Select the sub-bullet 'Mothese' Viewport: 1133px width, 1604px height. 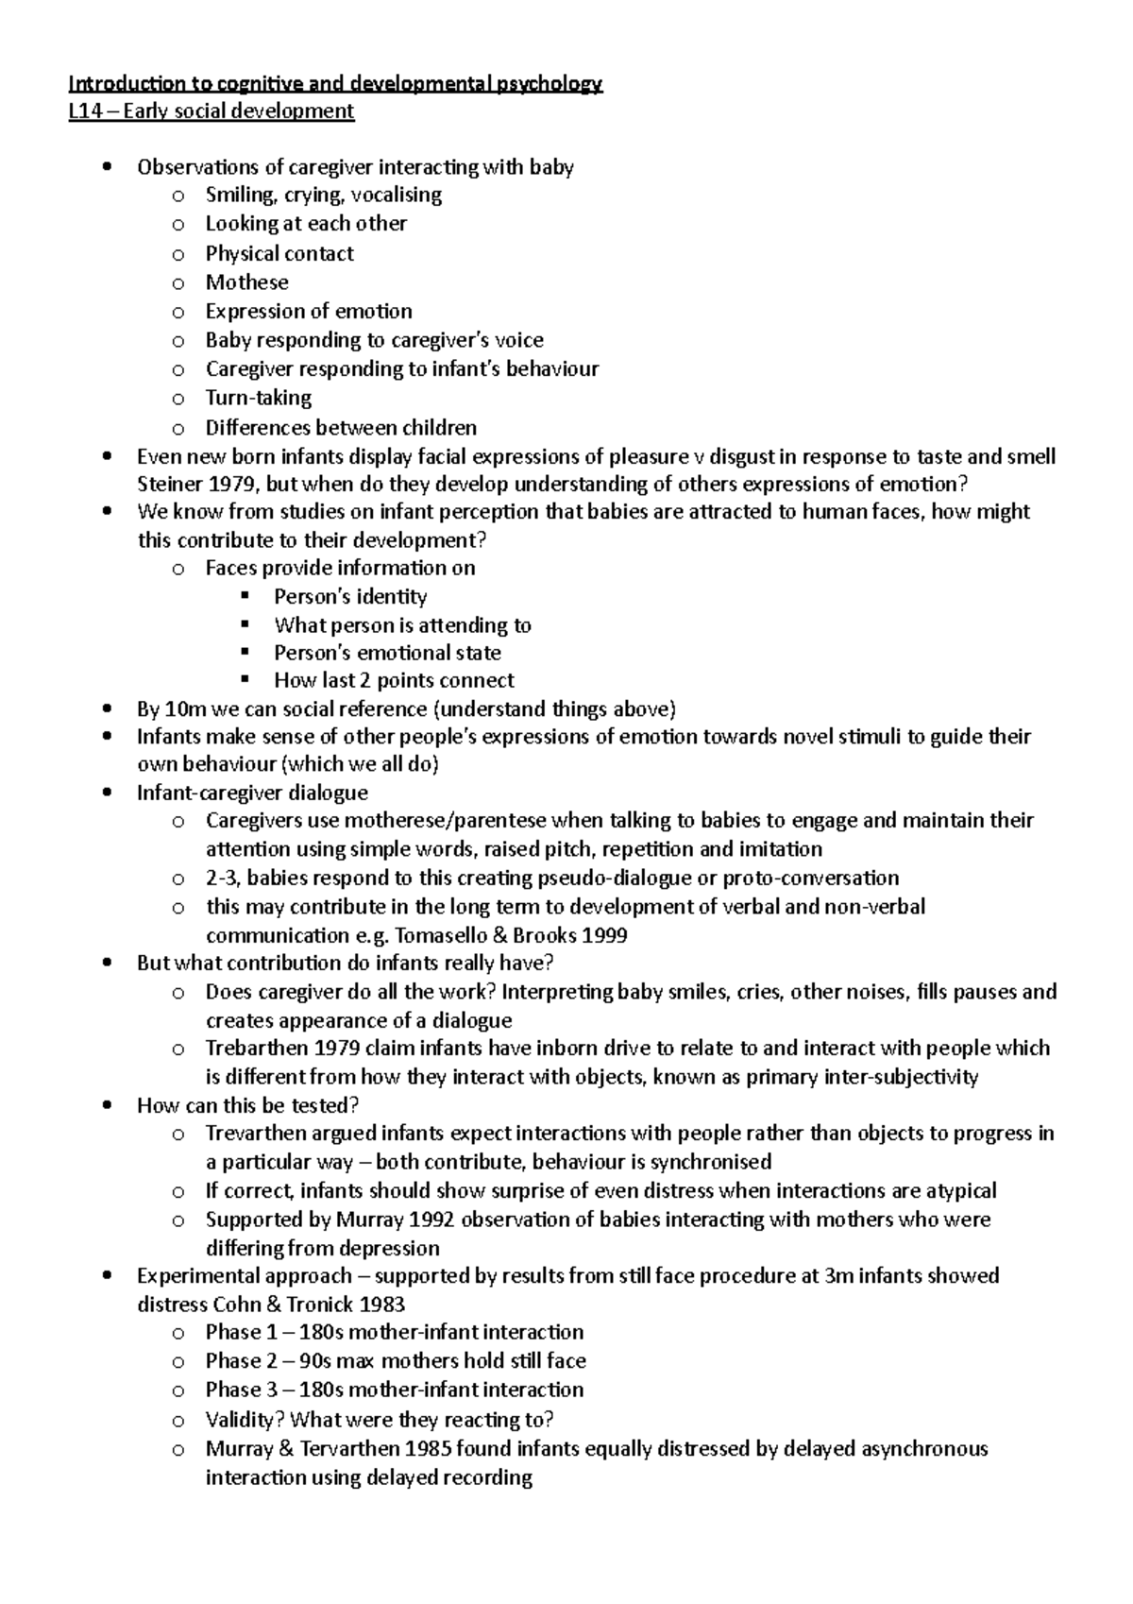[x=246, y=282]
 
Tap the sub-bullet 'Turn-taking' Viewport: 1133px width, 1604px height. [x=258, y=398]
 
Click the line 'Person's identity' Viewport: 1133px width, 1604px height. [x=350, y=597]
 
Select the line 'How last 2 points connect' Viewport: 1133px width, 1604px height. [x=394, y=680]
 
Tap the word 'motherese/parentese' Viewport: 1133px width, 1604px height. [x=444, y=820]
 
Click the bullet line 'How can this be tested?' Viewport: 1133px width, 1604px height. [x=248, y=1105]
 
